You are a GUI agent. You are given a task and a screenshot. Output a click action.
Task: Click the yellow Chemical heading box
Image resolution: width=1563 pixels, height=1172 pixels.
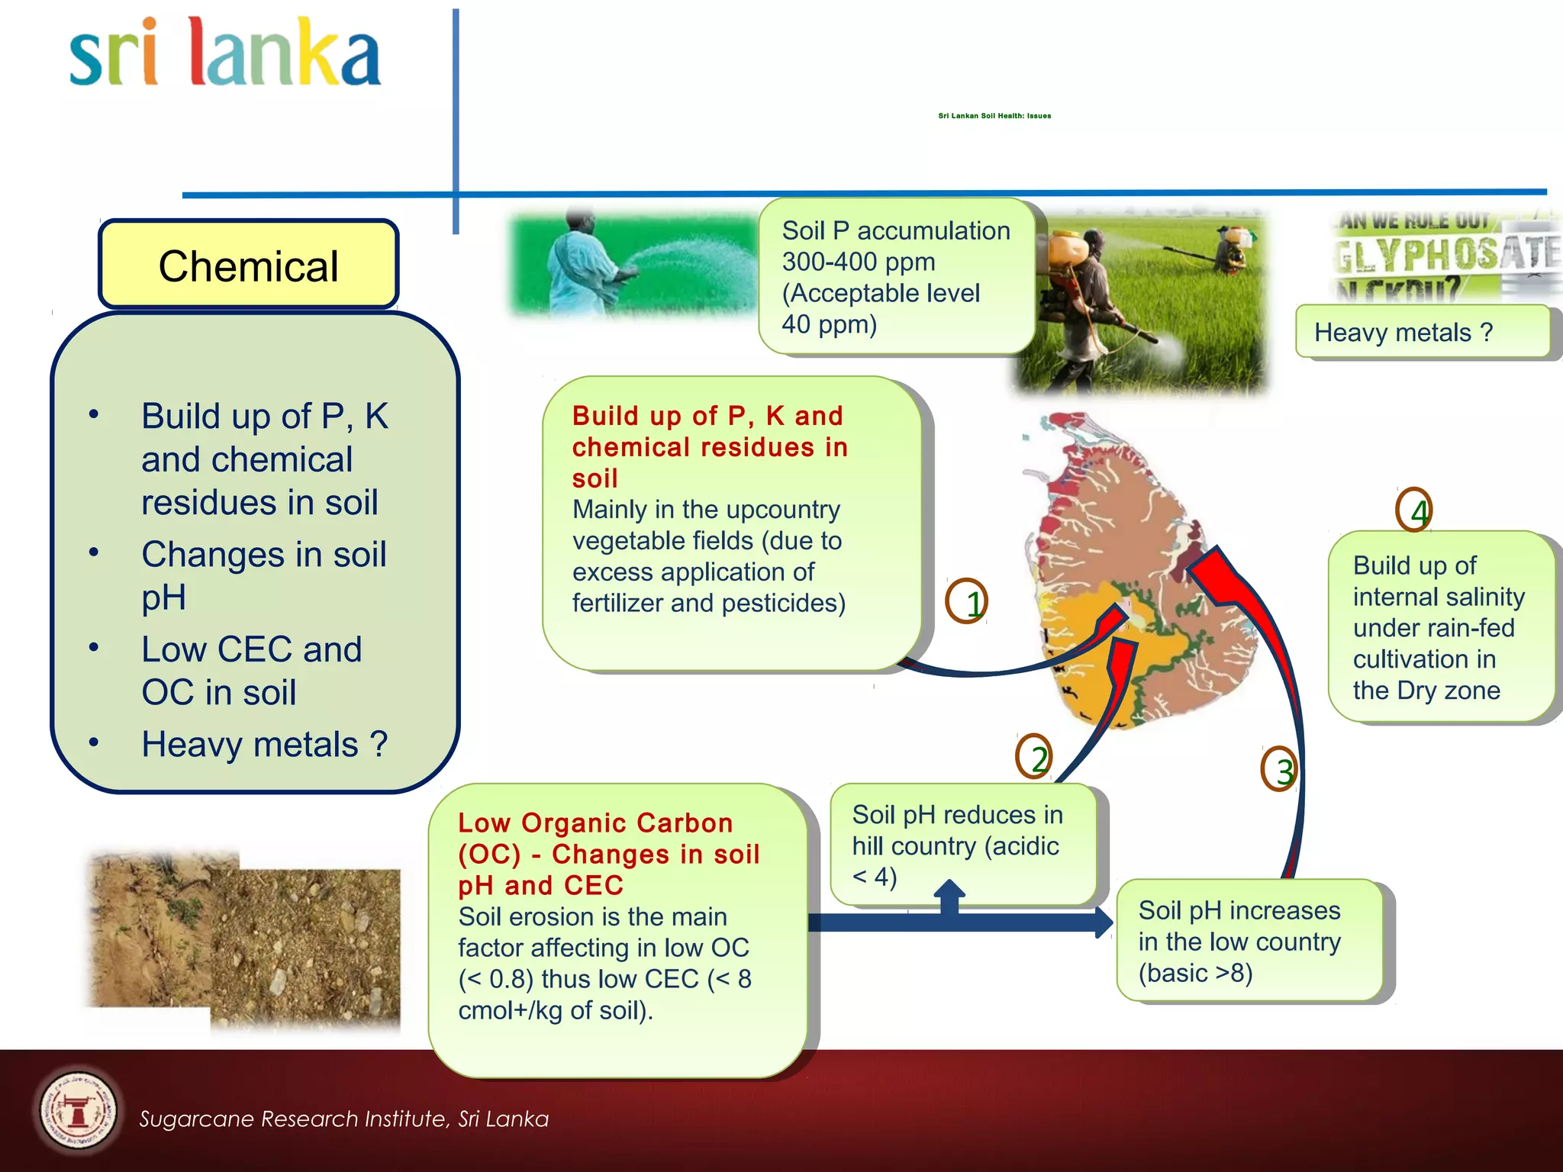pyautogui.click(x=248, y=265)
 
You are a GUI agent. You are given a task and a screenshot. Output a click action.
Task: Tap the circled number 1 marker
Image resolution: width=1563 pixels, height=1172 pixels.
pyautogui.click(x=966, y=601)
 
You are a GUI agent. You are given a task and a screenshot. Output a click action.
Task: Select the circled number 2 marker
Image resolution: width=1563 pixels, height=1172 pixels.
pyautogui.click(x=1034, y=756)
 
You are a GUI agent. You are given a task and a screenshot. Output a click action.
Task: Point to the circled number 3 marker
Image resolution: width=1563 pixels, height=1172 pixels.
pyautogui.click(x=1279, y=769)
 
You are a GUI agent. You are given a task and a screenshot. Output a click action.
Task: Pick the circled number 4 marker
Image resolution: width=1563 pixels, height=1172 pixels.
pyautogui.click(x=1413, y=510)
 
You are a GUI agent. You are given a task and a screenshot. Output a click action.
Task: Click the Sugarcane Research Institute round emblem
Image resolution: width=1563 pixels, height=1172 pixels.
pyautogui.click(x=78, y=1110)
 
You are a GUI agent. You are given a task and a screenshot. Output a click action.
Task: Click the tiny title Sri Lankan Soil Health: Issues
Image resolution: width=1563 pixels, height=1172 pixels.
pyautogui.click(x=994, y=116)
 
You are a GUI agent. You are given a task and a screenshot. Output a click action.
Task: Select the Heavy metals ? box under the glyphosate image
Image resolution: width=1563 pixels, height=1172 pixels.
pyautogui.click(x=1422, y=332)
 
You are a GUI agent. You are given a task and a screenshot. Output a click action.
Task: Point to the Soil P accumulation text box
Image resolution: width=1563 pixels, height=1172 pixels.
pyautogui.click(x=896, y=276)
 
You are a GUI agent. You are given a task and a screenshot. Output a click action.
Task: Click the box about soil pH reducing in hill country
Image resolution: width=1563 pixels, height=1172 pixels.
pyautogui.click(x=963, y=845)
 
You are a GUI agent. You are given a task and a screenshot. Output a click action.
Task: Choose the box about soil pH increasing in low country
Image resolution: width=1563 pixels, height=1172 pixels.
pyautogui.click(x=1249, y=941)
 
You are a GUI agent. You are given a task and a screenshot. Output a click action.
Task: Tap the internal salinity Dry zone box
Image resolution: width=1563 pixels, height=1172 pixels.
pyautogui.click(x=1440, y=627)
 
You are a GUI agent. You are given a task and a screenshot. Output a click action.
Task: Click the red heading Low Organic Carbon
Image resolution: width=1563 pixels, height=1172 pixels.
pyautogui.click(x=595, y=823)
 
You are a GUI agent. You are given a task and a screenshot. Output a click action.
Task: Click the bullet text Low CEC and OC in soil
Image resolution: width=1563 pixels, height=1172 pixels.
pyautogui.click(x=252, y=670)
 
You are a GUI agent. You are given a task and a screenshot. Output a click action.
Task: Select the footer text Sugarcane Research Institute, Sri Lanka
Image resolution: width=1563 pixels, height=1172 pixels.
pyautogui.click(x=343, y=1119)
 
